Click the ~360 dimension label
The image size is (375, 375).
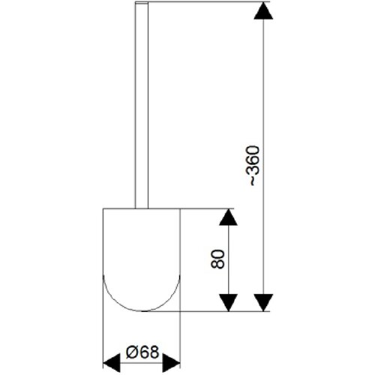tap(253, 166)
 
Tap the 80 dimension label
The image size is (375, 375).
tap(217, 259)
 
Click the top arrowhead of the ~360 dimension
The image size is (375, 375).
tap(263, 10)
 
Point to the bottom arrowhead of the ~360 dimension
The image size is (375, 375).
tap(263, 303)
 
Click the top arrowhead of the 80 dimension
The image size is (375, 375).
tap(228, 217)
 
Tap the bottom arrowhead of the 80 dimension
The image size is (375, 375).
tap(228, 303)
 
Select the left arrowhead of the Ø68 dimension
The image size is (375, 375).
tap(112, 363)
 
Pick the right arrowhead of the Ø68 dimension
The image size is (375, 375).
tap(172, 363)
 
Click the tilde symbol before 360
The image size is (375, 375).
tap(253, 181)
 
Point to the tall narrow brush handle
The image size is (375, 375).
tap(142, 105)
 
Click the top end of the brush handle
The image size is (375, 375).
tap(142, 2)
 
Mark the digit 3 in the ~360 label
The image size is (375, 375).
tap(253, 170)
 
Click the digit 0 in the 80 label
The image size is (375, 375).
tap(217, 254)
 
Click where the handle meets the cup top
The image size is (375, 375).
tap(142, 208)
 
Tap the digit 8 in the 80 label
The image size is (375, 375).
tap(217, 264)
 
